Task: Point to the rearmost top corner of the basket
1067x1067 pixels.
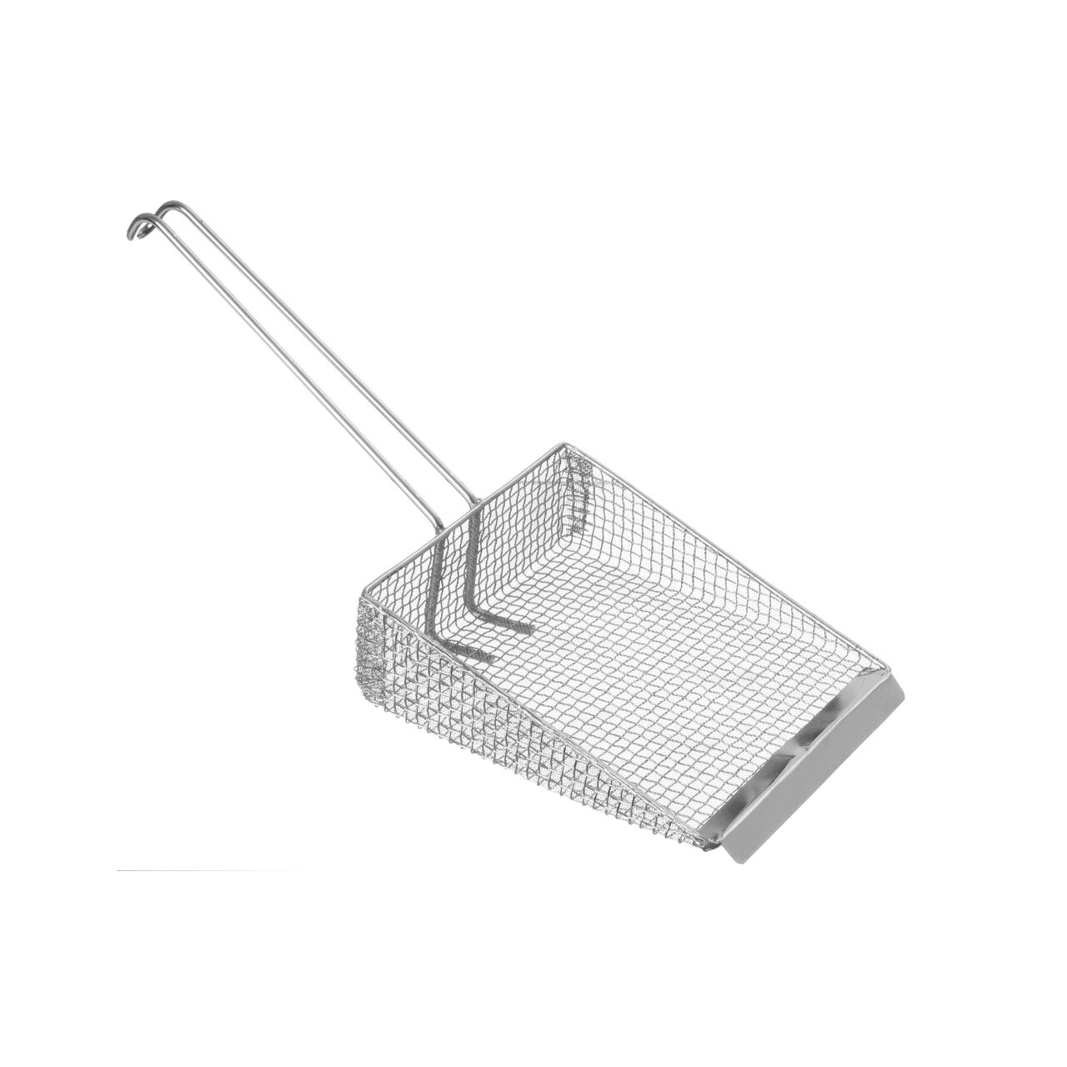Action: coord(571,448)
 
